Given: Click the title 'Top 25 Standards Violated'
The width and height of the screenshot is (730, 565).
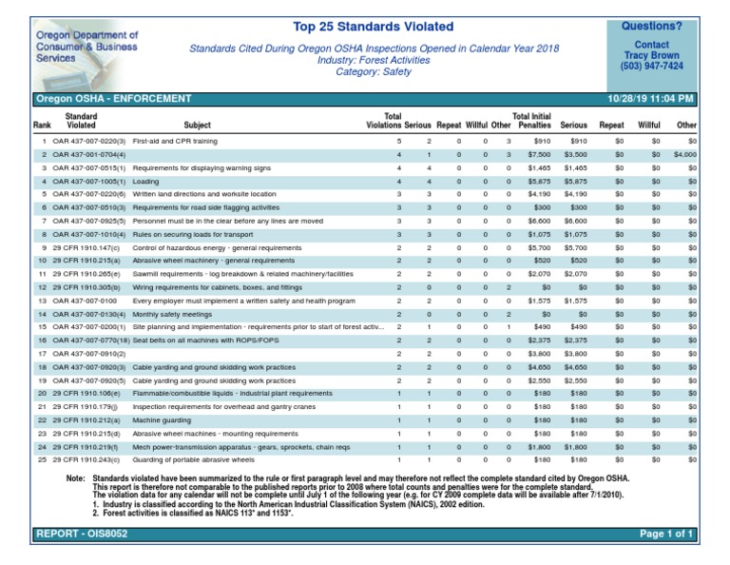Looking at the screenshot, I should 373,27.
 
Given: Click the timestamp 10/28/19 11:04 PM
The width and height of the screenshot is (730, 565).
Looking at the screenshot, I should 650,99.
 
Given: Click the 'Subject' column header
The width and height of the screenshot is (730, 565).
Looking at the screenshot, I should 198,125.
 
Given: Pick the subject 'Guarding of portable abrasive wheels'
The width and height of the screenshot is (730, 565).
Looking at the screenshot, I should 193,459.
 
